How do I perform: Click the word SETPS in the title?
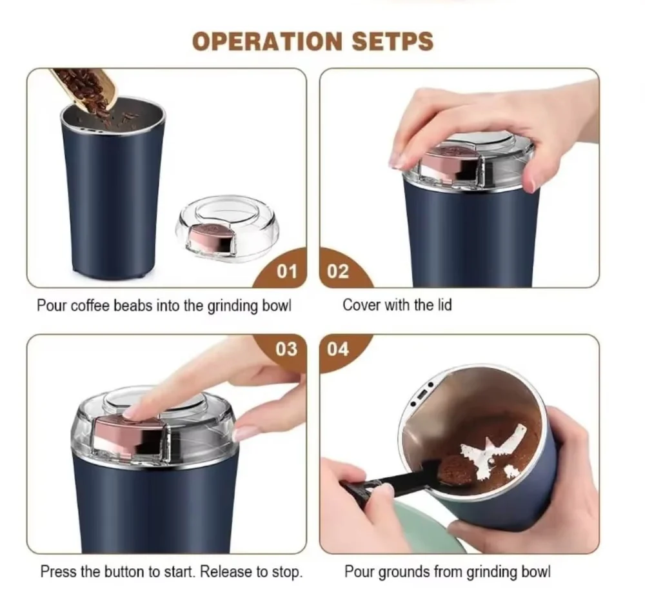point(392,41)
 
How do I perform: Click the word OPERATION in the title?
point(268,41)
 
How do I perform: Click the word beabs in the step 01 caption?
point(132,306)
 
